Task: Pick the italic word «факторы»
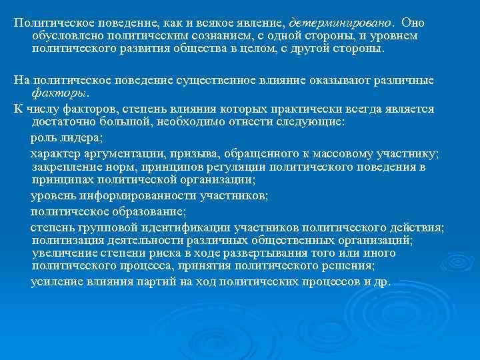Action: click(x=59, y=94)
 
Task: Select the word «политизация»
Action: click(x=64, y=240)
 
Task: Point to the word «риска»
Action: click(x=163, y=253)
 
